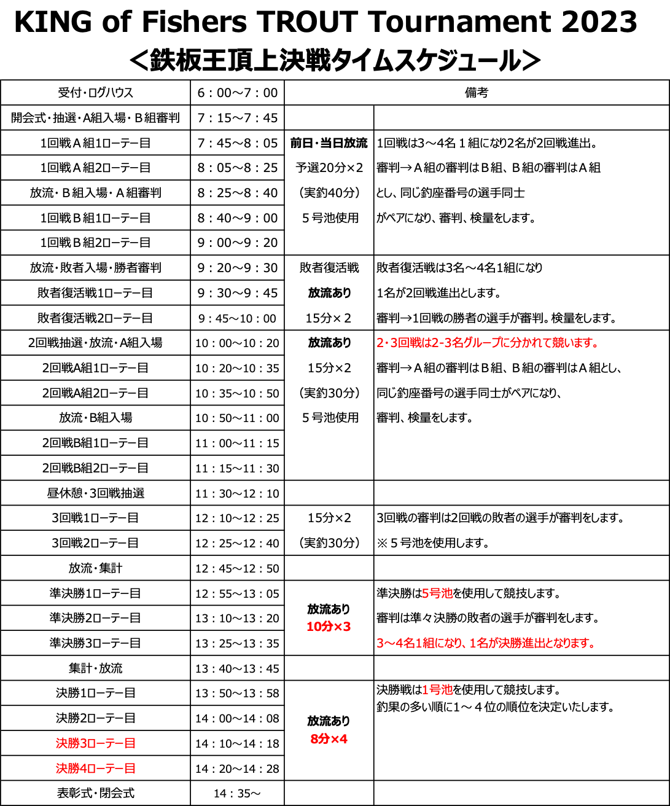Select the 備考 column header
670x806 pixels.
[477, 93]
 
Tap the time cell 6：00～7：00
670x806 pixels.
[238, 93]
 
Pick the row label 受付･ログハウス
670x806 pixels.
[95, 93]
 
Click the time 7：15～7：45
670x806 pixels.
[238, 118]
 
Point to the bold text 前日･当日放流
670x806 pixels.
[329, 143]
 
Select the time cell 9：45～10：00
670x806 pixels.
[238, 318]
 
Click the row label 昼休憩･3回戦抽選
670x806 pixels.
[95, 493]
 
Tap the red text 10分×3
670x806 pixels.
[329, 626]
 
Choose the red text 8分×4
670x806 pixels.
[329, 738]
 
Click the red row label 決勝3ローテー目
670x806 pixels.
[95, 743]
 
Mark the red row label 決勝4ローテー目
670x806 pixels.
[95, 768]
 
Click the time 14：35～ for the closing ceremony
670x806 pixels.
[238, 793]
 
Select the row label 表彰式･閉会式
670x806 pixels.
[95, 793]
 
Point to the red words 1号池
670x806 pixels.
[437, 689]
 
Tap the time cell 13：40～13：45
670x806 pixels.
[238, 668]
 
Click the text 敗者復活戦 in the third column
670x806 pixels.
[329, 267]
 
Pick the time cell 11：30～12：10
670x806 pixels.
[238, 493]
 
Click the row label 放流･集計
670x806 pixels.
[95, 568]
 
